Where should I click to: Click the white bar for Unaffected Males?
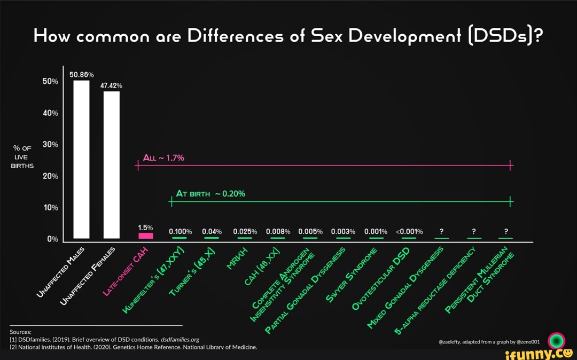pyautogui.click(x=81, y=159)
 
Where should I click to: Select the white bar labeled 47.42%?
pyautogui.click(x=112, y=165)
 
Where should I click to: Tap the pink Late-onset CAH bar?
pyautogui.click(x=145, y=236)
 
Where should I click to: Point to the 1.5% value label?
pyautogui.click(x=146, y=228)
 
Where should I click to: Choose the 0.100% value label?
pyautogui.click(x=180, y=231)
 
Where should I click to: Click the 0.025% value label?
pyautogui.click(x=245, y=231)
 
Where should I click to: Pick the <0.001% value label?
pyautogui.click(x=409, y=231)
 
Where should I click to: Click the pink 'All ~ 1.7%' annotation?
pyautogui.click(x=163, y=158)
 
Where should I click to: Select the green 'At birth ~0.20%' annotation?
pyautogui.click(x=211, y=193)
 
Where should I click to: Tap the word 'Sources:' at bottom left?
pyautogui.click(x=20, y=331)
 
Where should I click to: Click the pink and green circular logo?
pyautogui.click(x=557, y=340)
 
